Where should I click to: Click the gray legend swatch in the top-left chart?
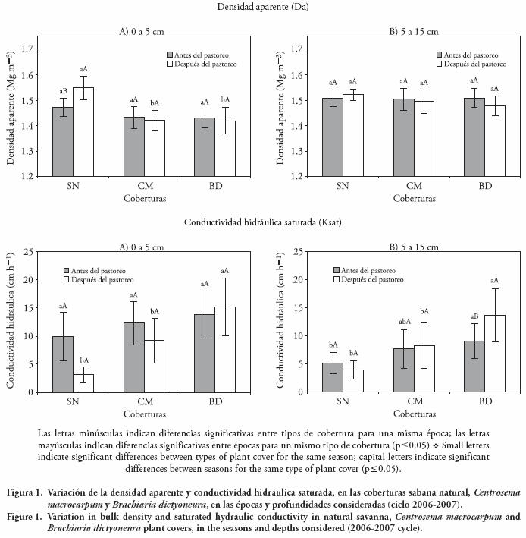point(171,55)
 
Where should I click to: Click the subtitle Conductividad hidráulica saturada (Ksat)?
point(259,222)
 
